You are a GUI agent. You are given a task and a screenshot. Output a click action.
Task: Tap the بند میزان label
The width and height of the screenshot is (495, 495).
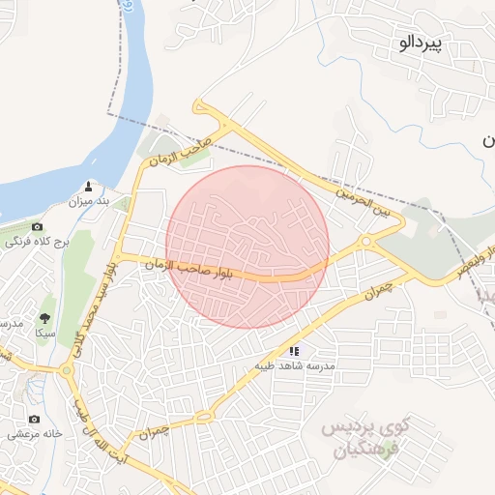coord(88,202)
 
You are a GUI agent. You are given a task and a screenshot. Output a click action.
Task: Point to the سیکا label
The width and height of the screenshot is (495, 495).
coord(44,332)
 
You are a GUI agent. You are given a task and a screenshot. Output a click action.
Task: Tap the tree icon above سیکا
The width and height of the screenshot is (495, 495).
coord(44,317)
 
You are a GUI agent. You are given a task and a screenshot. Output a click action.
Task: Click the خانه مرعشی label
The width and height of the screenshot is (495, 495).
coord(37,434)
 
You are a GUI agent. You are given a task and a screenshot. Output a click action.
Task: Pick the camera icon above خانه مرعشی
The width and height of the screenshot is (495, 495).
coord(35,419)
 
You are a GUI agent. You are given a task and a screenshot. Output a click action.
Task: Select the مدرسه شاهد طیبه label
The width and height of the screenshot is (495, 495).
coord(294,366)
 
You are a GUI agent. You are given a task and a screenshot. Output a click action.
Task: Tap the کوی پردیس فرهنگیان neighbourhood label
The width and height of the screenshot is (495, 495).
coord(365,438)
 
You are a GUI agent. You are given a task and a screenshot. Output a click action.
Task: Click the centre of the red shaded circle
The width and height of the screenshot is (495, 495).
coord(247,247)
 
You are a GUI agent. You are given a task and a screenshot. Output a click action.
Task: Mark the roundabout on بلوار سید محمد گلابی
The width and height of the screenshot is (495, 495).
coord(67,369)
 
